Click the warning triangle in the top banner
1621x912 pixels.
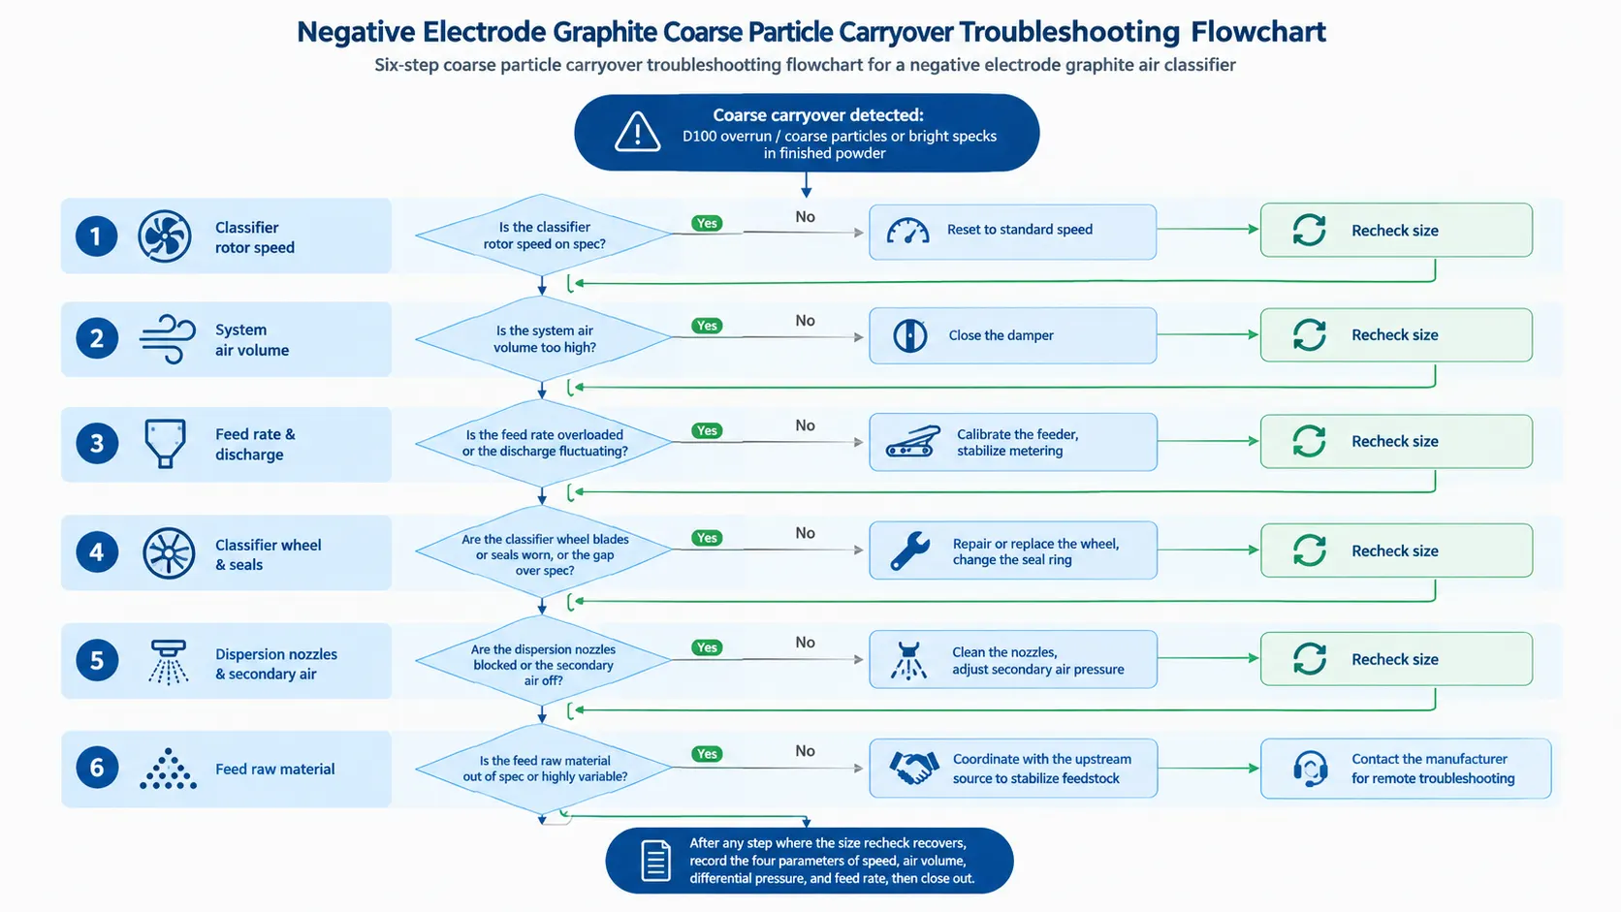point(637,132)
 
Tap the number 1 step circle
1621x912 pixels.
point(96,236)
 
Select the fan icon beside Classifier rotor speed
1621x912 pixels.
point(165,236)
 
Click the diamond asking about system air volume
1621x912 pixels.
point(544,338)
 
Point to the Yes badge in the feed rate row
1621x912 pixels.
point(707,430)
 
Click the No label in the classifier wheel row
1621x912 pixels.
point(805,533)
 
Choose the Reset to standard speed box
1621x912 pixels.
point(1012,232)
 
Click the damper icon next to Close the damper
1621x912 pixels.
point(909,335)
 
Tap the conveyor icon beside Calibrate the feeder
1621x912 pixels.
point(912,441)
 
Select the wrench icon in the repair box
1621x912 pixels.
point(909,550)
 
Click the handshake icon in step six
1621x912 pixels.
point(914,768)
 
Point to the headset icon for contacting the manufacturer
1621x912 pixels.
point(1310,768)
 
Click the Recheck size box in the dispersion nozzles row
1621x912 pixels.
point(1396,659)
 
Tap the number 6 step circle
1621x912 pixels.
point(96,768)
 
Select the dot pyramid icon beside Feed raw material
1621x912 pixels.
point(168,768)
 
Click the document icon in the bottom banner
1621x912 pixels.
point(655,861)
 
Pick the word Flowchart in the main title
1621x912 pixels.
point(1257,32)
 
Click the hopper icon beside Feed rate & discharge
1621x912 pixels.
point(165,443)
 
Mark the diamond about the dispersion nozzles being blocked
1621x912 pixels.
point(544,660)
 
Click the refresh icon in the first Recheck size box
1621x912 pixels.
point(1309,230)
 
